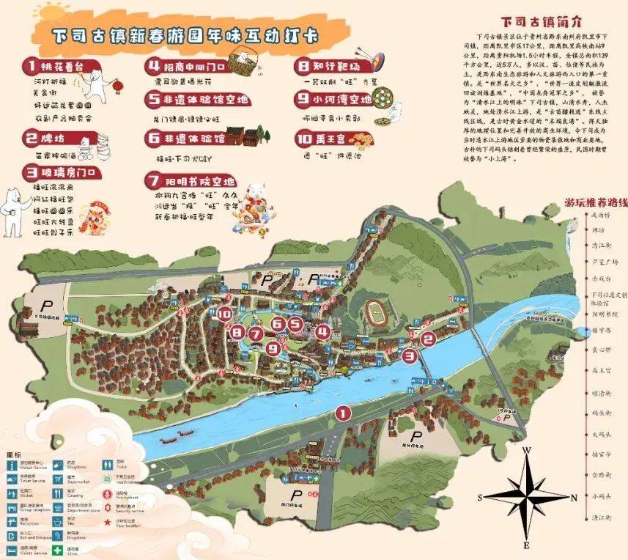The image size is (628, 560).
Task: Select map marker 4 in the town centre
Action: [322, 331]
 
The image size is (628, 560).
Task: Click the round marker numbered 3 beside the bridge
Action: [409, 355]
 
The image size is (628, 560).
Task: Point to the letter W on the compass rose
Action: [526, 450]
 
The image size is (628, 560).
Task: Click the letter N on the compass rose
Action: [574, 496]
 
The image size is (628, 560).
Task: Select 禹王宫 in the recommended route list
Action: [599, 370]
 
